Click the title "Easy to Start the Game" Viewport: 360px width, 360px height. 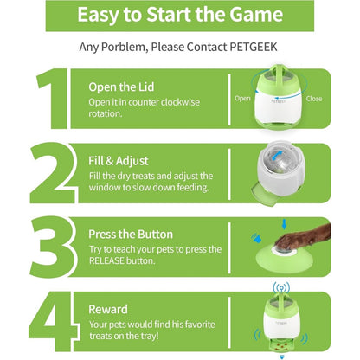pos(180,15)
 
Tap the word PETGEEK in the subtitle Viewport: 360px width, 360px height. pos(254,47)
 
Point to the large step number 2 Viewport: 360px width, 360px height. pos(54,173)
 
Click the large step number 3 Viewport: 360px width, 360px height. pos(53,247)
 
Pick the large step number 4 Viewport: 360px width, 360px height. pos(54,321)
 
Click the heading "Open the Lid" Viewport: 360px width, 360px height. pos(121,87)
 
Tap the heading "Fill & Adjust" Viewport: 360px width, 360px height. pos(119,161)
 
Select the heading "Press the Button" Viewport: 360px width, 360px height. pos(131,235)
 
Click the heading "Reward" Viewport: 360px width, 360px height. pos(108,309)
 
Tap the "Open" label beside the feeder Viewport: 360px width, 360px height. pos(242,99)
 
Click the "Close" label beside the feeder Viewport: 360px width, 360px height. pos(314,99)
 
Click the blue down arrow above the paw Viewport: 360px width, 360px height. pos(284,224)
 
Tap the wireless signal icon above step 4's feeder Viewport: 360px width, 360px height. pos(281,287)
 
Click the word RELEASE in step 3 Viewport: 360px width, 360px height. pos(106,260)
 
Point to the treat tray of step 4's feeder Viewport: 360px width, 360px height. pos(282,345)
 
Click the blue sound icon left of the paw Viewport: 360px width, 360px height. pos(256,238)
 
